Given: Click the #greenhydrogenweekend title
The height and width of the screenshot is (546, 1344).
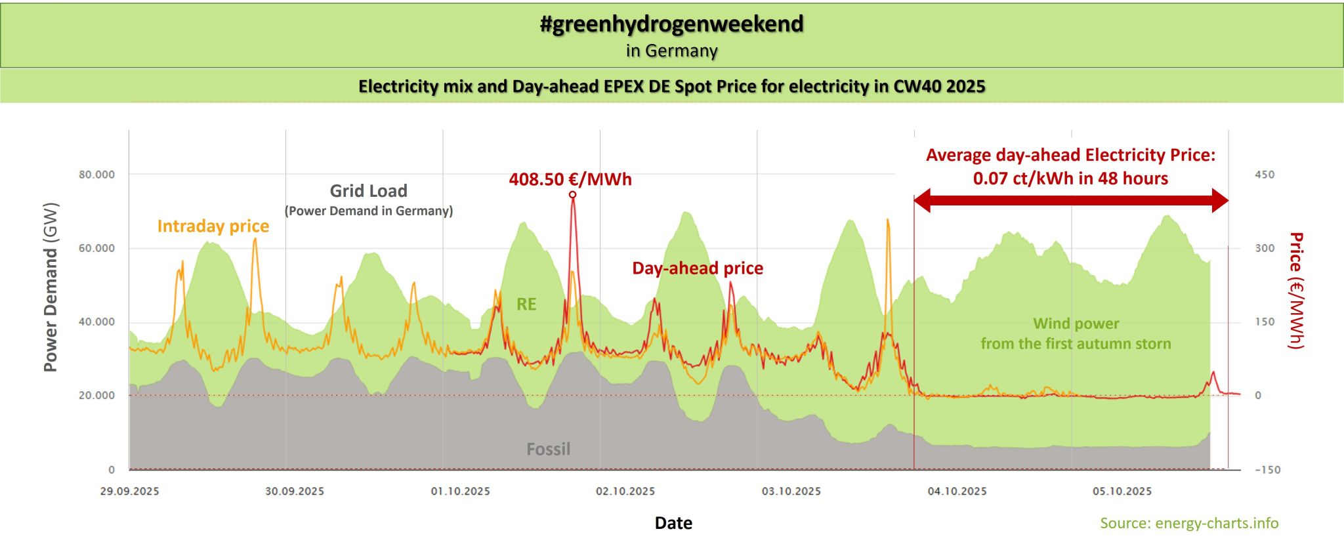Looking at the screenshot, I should click(x=671, y=24).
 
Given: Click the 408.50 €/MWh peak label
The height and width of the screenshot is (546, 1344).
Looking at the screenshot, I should click(x=570, y=179).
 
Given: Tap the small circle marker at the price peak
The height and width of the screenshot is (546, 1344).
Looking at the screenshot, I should click(x=572, y=194).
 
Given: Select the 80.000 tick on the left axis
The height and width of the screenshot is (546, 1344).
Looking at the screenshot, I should click(x=96, y=175).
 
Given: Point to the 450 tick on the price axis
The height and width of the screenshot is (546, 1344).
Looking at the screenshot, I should click(x=1265, y=175).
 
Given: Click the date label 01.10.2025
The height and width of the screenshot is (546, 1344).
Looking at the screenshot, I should click(x=460, y=492).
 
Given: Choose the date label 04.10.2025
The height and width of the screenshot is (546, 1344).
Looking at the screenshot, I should click(x=957, y=492).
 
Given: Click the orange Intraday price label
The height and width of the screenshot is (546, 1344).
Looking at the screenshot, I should click(x=213, y=226).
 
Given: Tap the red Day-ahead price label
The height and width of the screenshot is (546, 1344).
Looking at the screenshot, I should click(x=697, y=268).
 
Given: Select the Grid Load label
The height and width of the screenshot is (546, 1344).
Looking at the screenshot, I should click(x=368, y=191).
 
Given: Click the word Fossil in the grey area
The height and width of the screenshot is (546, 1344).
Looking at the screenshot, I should click(x=548, y=450).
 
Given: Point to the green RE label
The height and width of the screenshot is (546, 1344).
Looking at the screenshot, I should click(x=526, y=304).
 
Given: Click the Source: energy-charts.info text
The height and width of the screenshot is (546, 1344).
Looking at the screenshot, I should click(x=1189, y=523).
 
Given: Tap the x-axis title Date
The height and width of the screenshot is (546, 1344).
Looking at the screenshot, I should click(x=673, y=523).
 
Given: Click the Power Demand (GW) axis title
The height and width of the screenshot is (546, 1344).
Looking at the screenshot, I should click(x=51, y=287).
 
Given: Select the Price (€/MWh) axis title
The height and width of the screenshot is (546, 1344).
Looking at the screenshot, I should click(x=1295, y=290).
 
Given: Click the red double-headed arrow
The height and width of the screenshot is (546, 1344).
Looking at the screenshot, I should click(x=1070, y=201).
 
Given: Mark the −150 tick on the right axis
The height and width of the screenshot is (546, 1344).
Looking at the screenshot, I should click(x=1267, y=470).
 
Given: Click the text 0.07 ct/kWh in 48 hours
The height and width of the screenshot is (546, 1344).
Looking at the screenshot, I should click(x=1070, y=178).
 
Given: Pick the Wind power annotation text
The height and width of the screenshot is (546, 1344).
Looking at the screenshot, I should click(x=1076, y=333).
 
